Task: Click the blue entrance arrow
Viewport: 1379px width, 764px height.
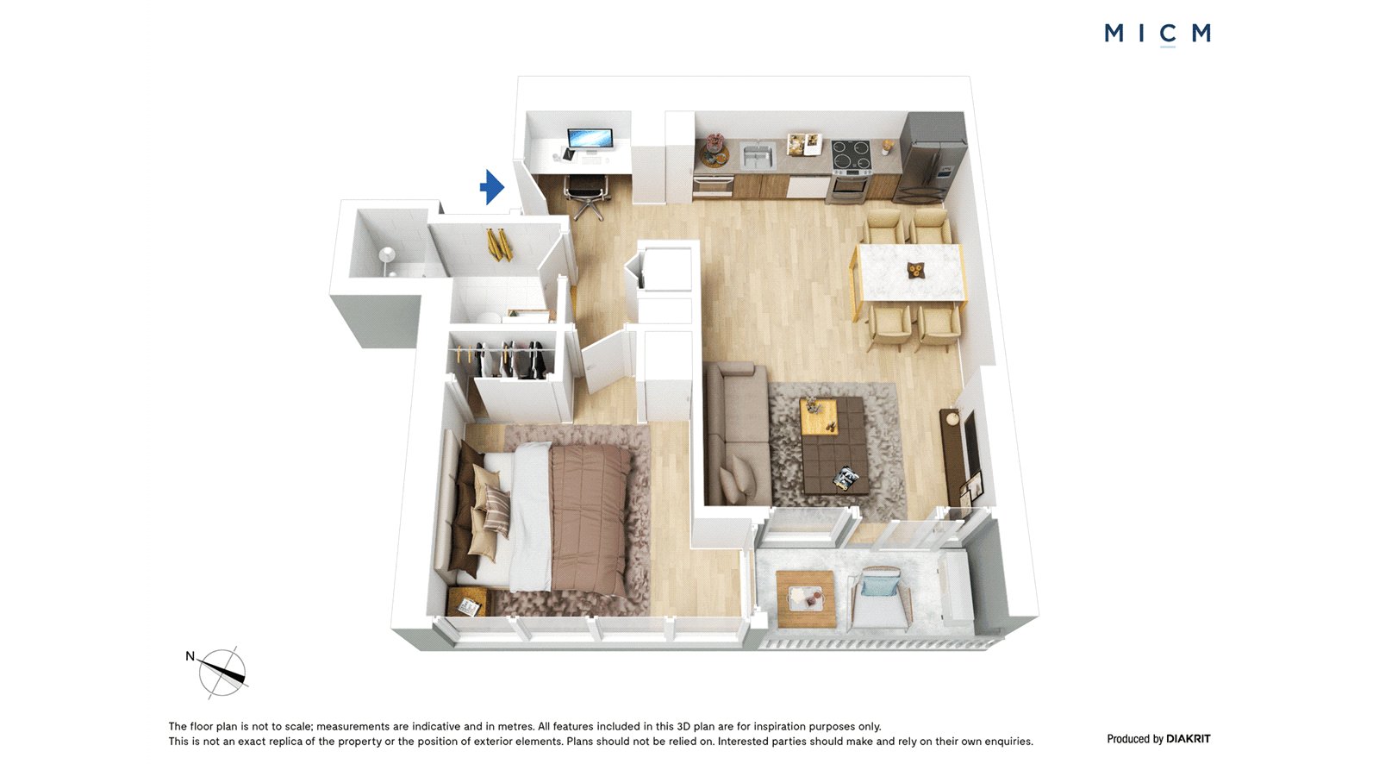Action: [x=492, y=186]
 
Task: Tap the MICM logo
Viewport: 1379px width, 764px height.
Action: [x=1157, y=34]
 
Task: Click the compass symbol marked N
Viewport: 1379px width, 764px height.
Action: [x=221, y=673]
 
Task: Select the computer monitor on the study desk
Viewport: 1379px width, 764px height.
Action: [x=590, y=141]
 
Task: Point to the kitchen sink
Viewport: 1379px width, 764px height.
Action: [x=758, y=155]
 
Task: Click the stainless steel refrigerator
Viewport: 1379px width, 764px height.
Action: [x=931, y=157]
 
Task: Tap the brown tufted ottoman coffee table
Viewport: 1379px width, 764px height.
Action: [x=835, y=443]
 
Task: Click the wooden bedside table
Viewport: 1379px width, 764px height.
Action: [x=467, y=602]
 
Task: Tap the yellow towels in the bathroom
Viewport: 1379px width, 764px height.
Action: [x=499, y=245]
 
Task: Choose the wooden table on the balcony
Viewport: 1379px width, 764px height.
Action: [x=806, y=599]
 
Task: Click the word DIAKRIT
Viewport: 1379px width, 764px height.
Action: [x=1189, y=739]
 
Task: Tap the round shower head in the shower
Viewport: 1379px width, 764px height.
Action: [x=387, y=253]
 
